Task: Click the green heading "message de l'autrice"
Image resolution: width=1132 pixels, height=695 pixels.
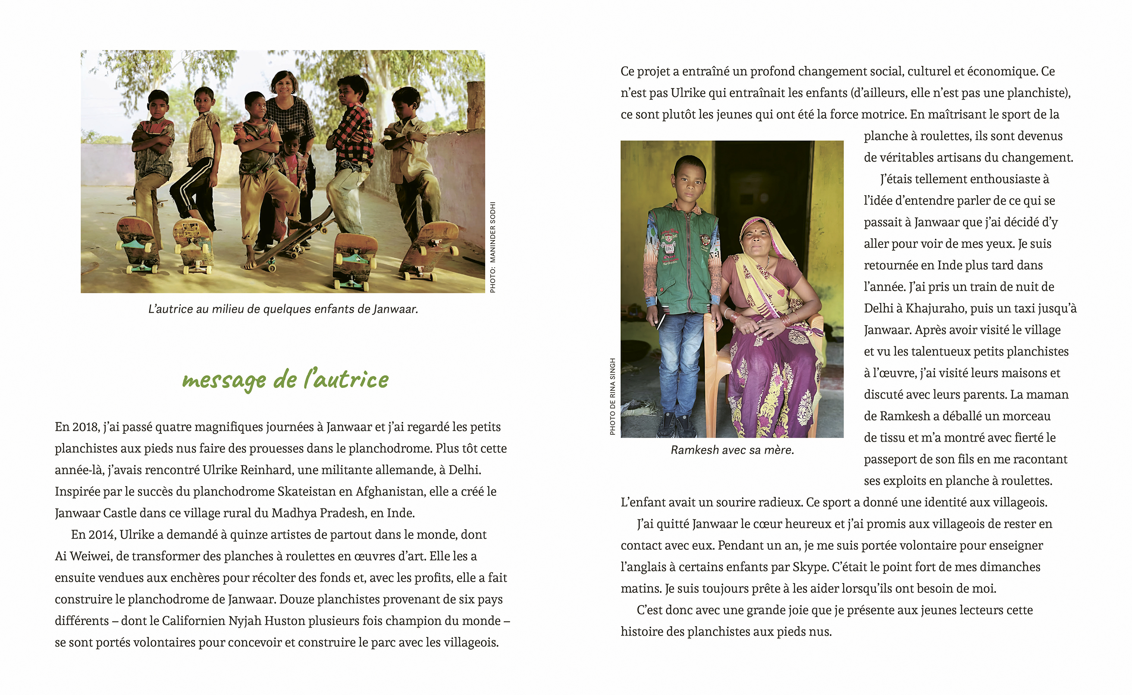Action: (x=285, y=380)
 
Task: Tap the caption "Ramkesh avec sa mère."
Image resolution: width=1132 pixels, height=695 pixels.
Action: (x=732, y=450)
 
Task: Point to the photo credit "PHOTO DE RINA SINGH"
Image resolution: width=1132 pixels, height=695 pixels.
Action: (x=612, y=396)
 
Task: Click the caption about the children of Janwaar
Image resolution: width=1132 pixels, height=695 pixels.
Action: (x=283, y=309)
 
